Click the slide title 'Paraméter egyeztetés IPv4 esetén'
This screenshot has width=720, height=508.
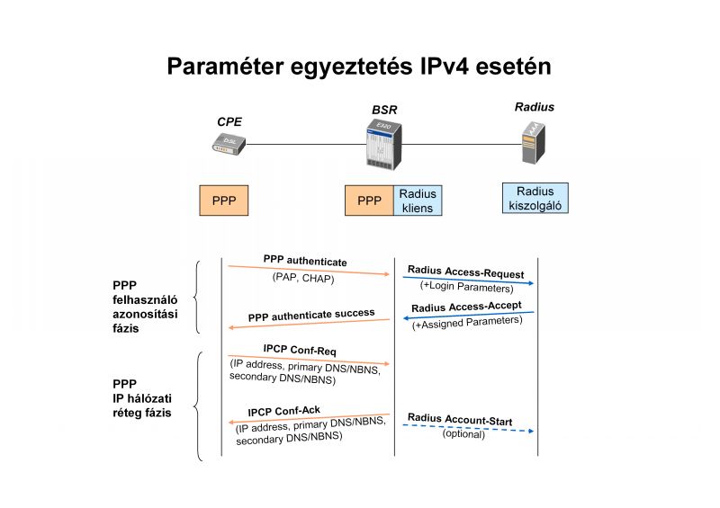tap(359, 67)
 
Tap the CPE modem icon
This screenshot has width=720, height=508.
tap(229, 143)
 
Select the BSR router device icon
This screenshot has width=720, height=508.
tap(382, 145)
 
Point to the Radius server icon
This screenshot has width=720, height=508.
tap(533, 143)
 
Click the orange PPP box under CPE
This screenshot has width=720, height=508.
tap(223, 201)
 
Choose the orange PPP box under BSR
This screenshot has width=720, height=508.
tap(369, 201)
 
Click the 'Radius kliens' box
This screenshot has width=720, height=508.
tap(418, 201)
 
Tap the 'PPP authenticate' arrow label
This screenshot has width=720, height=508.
tap(305, 261)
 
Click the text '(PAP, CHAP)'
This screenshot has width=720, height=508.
tap(303, 278)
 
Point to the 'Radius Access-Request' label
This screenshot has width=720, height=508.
tap(465, 271)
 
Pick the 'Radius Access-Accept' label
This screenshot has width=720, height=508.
tap(467, 307)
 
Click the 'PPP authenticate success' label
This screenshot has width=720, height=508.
tap(311, 315)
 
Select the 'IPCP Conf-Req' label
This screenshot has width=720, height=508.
tap(300, 349)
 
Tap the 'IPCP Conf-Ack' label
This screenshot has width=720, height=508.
tap(283, 411)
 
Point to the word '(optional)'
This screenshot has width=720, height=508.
tap(463, 434)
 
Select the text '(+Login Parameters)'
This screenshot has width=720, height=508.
tap(466, 288)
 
